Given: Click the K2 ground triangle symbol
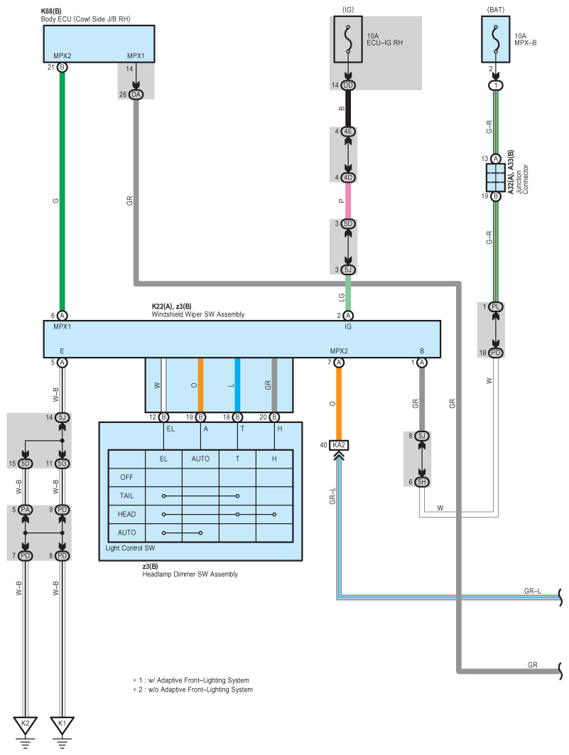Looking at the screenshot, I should click(x=26, y=724).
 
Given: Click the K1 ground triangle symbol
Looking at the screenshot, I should click(x=63, y=724).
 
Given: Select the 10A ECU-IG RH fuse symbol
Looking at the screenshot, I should click(x=348, y=40).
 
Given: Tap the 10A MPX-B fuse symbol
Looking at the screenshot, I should click(x=496, y=40).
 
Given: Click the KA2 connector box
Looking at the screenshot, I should click(x=339, y=445).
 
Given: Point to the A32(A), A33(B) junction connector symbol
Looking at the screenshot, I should click(x=496, y=177).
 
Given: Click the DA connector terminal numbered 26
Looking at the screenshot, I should click(x=136, y=93).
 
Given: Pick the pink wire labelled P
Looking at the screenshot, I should click(x=348, y=200).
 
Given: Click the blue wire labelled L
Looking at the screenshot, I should click(x=237, y=385).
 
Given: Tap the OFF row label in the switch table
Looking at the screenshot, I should click(x=126, y=478).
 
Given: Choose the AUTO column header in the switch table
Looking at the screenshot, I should click(x=200, y=459).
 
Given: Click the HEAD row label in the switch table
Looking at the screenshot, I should click(x=126, y=514).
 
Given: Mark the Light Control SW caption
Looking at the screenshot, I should click(x=130, y=548).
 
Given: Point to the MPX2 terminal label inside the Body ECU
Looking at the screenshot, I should click(x=63, y=55).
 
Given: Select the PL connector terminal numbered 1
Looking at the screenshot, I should click(x=496, y=306).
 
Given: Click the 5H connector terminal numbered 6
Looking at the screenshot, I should click(x=422, y=482).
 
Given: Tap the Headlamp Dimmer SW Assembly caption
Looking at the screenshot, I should click(x=190, y=574).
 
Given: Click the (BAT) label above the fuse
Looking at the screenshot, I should click(x=496, y=9).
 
